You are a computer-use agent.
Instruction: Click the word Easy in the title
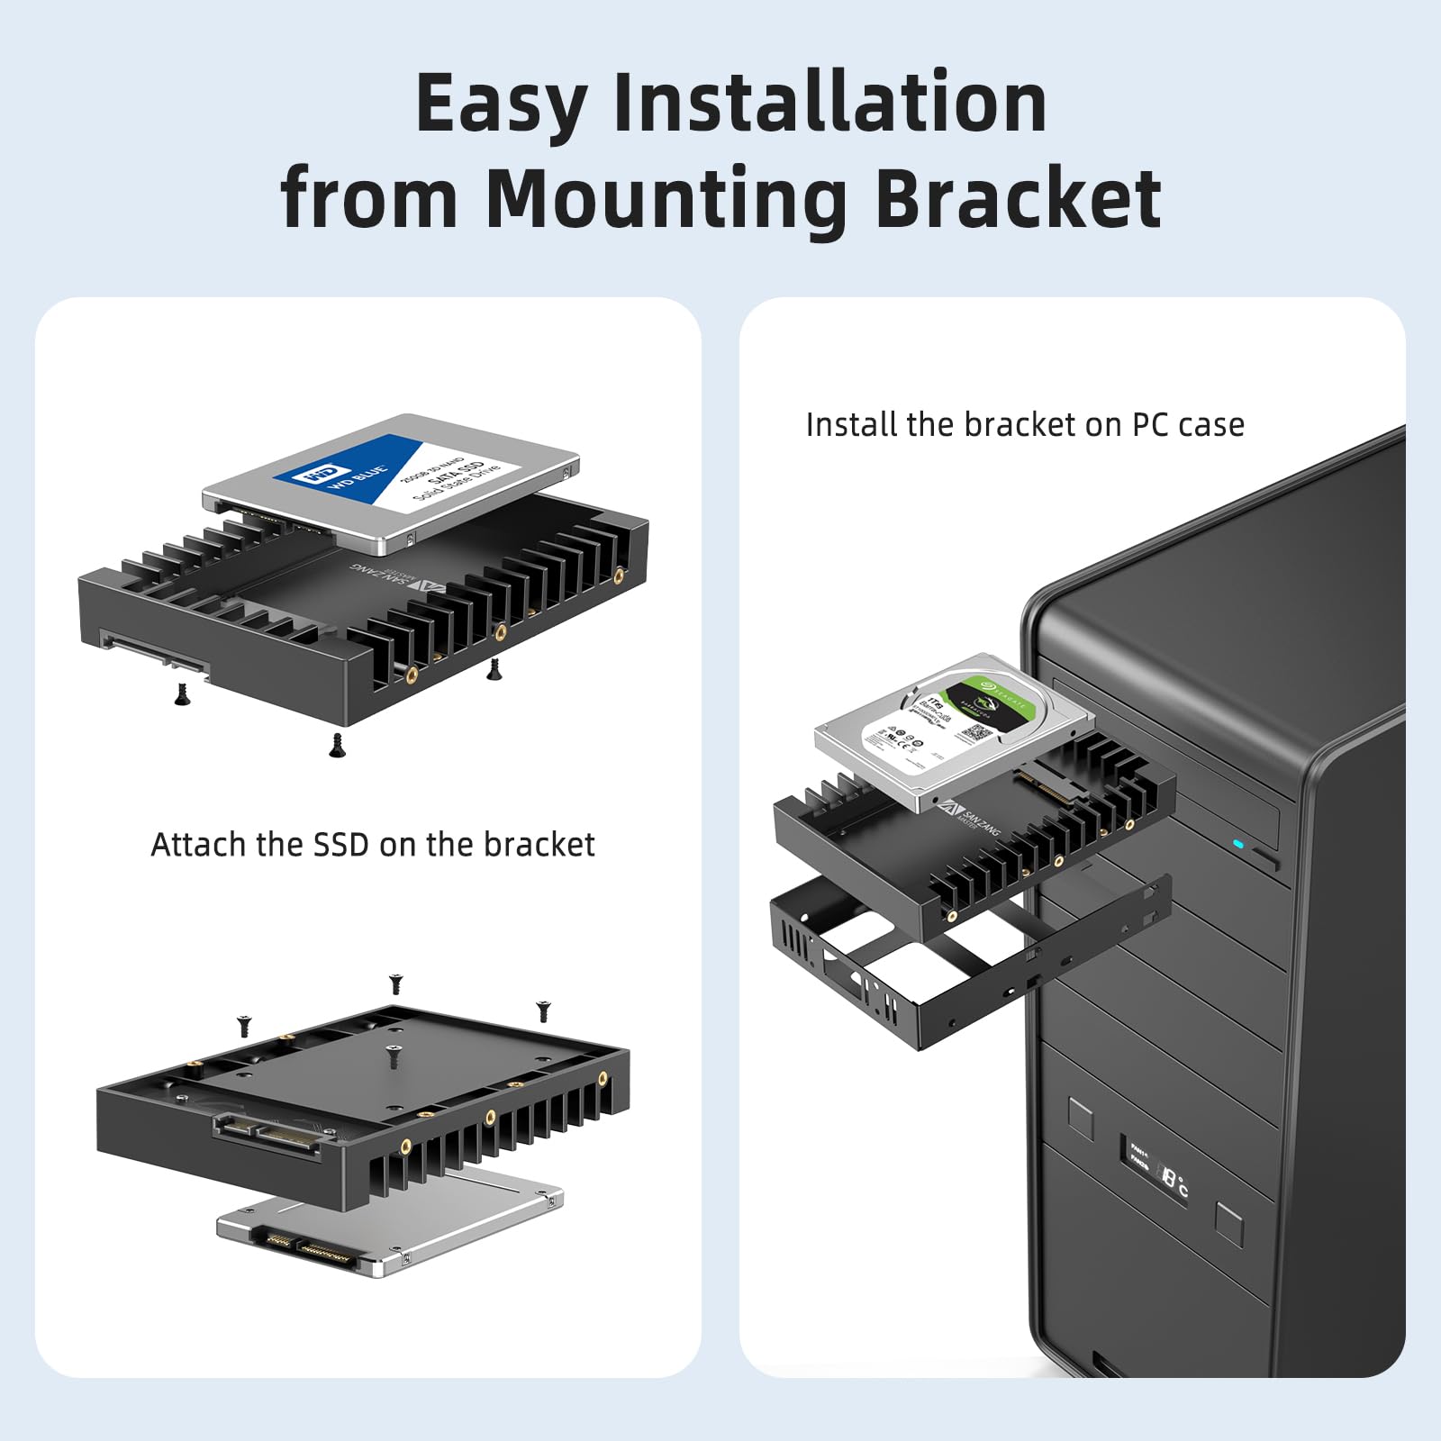pyautogui.click(x=501, y=105)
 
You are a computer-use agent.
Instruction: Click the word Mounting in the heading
pyautogui.click(x=666, y=199)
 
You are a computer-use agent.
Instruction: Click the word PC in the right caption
pyautogui.click(x=1150, y=424)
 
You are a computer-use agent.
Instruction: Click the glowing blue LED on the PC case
pyautogui.click(x=1238, y=845)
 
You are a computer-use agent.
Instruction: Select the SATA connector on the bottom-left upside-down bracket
pyautogui.click(x=267, y=1136)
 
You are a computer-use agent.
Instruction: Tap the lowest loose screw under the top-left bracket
pyautogui.click(x=338, y=745)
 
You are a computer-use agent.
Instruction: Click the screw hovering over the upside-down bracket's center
pyautogui.click(x=394, y=1056)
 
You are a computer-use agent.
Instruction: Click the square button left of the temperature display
pyautogui.click(x=1081, y=1119)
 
